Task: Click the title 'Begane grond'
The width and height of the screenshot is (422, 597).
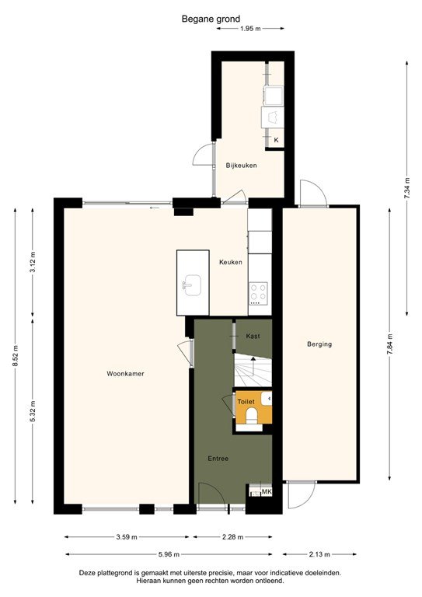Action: [211, 18]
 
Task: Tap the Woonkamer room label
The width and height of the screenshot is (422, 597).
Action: [125, 374]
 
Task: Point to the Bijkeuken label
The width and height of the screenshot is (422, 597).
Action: [241, 166]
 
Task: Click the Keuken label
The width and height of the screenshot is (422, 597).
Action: [230, 262]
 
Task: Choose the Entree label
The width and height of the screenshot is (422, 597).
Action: [218, 459]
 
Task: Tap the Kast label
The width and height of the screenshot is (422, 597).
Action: [253, 336]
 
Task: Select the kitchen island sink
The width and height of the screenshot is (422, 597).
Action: [192, 285]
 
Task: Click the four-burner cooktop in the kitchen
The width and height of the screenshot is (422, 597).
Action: [259, 294]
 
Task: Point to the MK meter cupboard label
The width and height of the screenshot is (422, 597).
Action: [267, 492]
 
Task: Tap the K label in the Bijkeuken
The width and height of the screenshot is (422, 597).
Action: [276, 140]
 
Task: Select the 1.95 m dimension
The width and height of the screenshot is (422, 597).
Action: [249, 29]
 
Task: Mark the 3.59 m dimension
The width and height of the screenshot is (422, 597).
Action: [127, 536]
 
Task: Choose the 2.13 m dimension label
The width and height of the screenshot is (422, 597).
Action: [319, 554]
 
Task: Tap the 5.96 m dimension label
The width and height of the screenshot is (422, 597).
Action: [169, 554]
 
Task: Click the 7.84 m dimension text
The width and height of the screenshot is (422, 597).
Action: [389, 343]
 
